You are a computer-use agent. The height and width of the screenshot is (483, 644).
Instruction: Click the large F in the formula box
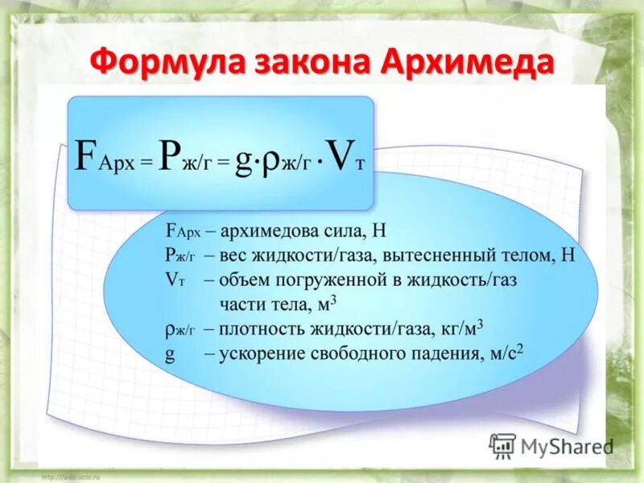[85, 155]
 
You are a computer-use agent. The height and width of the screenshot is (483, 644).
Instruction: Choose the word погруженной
[328, 280]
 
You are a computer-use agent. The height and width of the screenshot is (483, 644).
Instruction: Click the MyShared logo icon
[502, 445]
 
